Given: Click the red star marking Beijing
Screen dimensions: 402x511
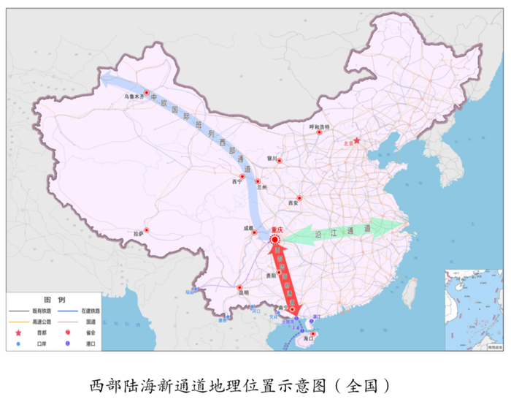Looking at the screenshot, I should [357, 140].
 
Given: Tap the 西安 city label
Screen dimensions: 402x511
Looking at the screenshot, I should [293, 202].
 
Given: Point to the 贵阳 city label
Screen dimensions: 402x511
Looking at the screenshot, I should [271, 276].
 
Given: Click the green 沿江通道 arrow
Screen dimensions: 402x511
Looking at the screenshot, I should [343, 232].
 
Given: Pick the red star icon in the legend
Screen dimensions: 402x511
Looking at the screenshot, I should [20, 330].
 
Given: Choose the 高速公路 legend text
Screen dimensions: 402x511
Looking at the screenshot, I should [41, 320].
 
